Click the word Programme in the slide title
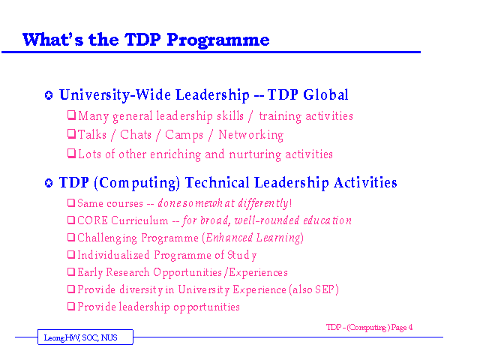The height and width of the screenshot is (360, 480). pos(218,40)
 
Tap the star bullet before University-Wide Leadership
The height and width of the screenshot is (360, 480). pos(49,95)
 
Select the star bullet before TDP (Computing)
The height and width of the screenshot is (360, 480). pos(49,183)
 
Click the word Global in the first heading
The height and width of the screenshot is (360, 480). pos(325,94)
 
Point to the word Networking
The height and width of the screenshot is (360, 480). pos(251,135)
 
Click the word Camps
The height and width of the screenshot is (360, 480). pos(184,135)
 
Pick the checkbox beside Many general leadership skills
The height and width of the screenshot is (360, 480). pos(71,115)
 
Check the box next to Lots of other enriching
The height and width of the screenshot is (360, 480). pos(71,153)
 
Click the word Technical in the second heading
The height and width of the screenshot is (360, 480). pos(217,182)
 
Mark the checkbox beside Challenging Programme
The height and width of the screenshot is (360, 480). pos(71,237)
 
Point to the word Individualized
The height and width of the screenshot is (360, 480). pos(113,255)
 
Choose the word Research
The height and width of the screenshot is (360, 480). pos(127,272)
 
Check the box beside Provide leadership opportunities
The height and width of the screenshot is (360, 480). pos(71,306)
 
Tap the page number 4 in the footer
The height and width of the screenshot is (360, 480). pos(410,327)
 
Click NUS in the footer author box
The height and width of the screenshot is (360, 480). pos(109,337)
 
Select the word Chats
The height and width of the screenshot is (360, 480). pos(136,135)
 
